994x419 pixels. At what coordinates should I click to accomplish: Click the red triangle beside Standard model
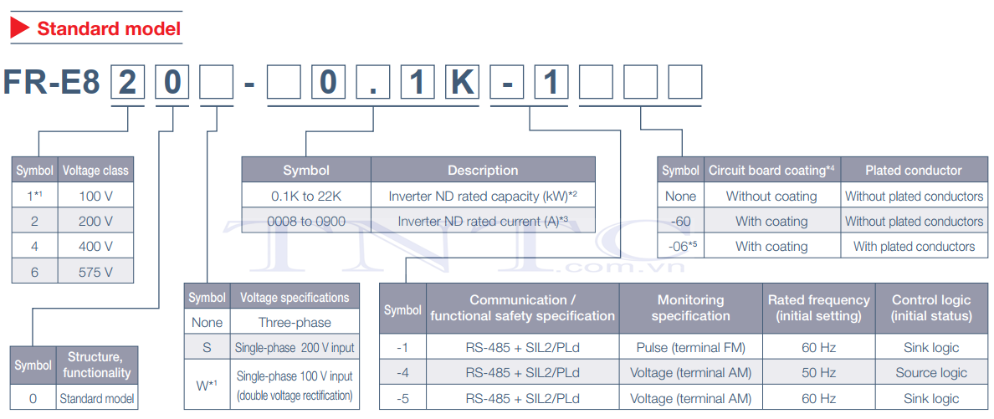click(20, 28)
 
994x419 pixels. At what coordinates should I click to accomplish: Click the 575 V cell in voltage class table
click(95, 271)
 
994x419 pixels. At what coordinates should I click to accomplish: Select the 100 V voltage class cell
click(95, 195)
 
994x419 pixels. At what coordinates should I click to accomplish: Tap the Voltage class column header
click(95, 171)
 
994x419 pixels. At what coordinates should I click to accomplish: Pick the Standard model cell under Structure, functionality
click(97, 400)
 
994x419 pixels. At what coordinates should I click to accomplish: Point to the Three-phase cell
click(295, 322)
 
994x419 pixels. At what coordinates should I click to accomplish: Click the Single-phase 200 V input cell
click(295, 347)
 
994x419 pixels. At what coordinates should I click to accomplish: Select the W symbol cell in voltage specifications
click(208, 385)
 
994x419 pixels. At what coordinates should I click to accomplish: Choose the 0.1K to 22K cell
click(306, 196)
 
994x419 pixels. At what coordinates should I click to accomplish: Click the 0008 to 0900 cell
click(306, 222)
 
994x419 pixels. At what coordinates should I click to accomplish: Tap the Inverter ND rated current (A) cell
click(483, 222)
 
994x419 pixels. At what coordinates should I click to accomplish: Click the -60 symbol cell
click(680, 222)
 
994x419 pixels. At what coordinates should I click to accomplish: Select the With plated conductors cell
click(915, 246)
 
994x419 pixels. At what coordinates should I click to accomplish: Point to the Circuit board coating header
click(771, 171)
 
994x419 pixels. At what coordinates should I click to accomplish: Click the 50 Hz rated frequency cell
click(818, 373)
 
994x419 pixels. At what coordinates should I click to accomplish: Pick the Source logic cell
click(931, 373)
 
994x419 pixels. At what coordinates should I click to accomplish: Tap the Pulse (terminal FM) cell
click(690, 347)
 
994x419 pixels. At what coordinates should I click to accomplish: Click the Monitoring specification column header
click(690, 308)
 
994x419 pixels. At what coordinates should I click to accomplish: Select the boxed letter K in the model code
click(461, 82)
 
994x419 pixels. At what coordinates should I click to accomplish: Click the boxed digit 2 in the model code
click(128, 82)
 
